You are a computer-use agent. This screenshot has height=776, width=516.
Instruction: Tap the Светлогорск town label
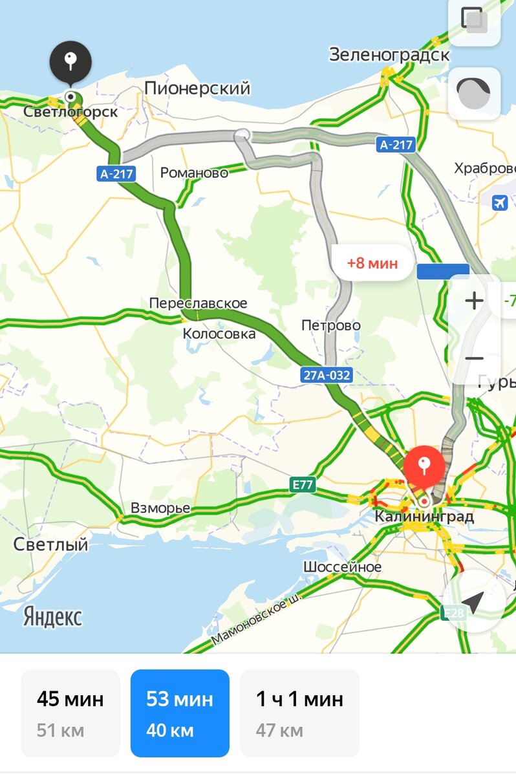[70, 112]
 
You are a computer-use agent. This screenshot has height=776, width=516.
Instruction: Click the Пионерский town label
[197, 89]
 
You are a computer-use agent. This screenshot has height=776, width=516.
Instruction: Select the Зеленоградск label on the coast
[389, 55]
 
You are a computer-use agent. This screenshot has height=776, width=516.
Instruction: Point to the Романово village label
[194, 173]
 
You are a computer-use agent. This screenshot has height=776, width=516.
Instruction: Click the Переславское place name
[198, 303]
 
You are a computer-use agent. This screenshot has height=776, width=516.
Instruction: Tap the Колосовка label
[219, 334]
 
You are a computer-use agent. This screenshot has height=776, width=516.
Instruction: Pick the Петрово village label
[331, 325]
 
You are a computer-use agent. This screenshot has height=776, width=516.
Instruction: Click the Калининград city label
[424, 517]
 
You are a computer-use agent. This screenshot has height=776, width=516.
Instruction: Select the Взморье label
[160, 508]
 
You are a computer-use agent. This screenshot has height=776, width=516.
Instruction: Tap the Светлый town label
[50, 544]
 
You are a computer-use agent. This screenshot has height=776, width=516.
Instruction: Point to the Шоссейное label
[342, 567]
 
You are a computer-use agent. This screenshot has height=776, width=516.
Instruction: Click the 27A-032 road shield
[327, 374]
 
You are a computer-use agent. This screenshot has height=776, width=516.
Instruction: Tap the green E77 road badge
[303, 484]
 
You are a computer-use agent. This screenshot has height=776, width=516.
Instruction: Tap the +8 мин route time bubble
[372, 263]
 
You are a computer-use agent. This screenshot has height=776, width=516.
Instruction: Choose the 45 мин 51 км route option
[70, 713]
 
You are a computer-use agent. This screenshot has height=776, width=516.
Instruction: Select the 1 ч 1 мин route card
[299, 713]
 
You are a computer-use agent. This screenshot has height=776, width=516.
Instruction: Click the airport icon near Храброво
[500, 202]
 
